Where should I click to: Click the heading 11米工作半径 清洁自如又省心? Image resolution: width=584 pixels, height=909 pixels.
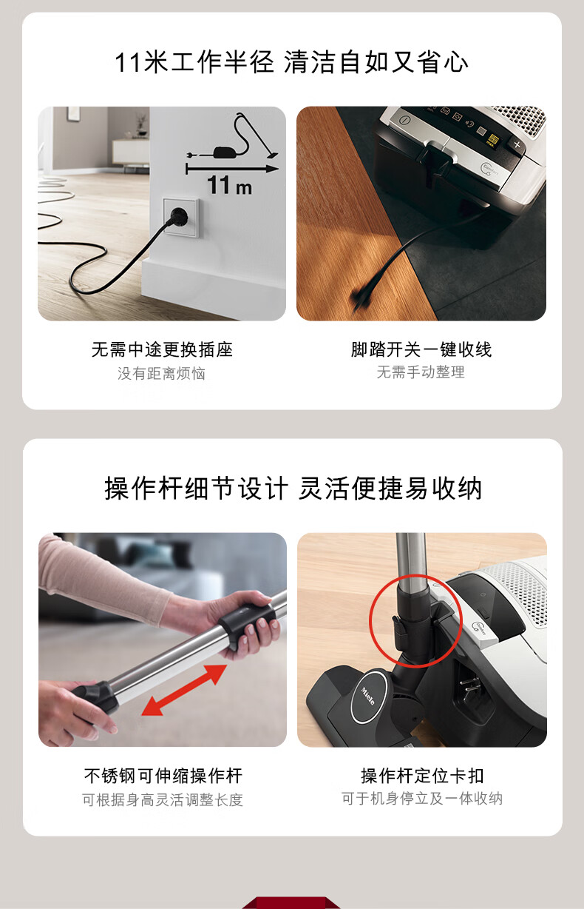[291, 62]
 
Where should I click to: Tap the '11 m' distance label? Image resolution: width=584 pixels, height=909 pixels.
[230, 186]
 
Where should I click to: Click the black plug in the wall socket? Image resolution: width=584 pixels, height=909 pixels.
[177, 216]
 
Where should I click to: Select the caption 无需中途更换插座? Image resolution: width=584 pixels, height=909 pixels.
[162, 349]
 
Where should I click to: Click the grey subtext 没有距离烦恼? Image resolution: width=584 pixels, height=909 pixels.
[162, 373]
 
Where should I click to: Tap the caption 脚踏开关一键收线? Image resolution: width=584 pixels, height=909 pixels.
[421, 349]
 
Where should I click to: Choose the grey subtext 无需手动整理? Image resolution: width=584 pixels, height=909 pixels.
[421, 372]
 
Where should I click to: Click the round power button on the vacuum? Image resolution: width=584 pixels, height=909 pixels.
[405, 120]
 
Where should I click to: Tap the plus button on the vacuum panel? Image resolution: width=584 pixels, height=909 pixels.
[517, 144]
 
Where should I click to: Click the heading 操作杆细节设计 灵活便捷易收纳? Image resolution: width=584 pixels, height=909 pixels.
[293, 489]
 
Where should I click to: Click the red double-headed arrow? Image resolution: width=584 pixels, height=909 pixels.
[183, 691]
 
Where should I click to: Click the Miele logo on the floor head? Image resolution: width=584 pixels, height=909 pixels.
[368, 697]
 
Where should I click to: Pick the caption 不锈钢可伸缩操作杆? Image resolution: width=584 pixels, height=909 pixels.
[163, 776]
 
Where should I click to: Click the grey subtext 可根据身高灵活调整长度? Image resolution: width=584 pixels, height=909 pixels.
[163, 800]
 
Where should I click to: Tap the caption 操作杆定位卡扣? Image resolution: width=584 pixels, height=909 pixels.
[422, 776]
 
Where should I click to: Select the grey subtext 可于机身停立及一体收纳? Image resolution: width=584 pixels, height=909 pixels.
[422, 798]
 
